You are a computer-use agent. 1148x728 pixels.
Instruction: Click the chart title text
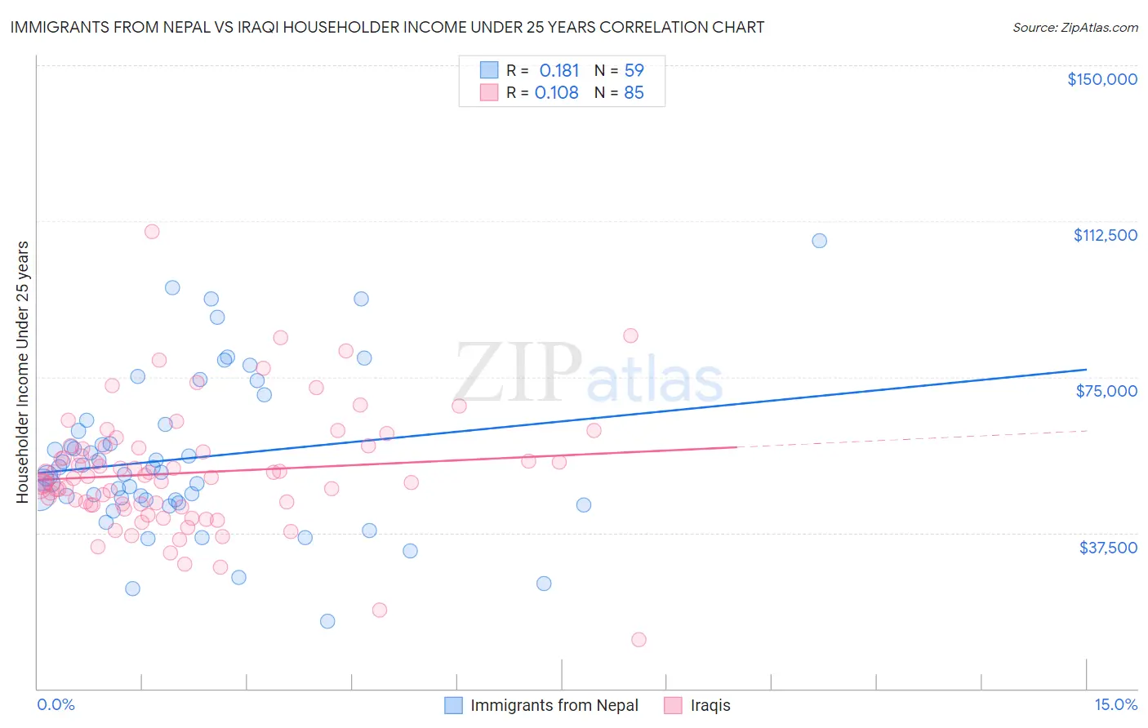387,27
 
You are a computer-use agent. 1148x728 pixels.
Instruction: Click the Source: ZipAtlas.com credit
1075,28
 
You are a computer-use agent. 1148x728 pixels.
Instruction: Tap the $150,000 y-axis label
1101,79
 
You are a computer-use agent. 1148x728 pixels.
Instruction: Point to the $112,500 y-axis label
1105,235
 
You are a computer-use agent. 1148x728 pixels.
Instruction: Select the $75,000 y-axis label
1106,391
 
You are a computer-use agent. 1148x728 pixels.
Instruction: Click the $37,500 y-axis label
1107,548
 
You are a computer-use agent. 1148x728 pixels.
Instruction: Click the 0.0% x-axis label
56,704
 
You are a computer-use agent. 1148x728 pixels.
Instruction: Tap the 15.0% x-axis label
1115,704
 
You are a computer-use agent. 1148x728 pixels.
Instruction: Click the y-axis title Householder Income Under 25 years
23,371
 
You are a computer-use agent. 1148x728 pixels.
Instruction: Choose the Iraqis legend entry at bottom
710,705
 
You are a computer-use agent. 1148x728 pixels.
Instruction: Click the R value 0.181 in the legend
559,71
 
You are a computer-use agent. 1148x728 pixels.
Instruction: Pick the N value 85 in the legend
634,93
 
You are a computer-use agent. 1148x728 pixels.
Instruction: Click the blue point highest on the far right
819,241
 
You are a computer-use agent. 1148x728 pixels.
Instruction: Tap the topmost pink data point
152,231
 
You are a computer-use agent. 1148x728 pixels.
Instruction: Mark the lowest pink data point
639,640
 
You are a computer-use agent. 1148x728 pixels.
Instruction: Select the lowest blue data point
327,621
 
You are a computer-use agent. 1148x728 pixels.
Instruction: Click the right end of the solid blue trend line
1086,370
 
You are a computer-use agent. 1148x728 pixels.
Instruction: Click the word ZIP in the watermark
518,373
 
